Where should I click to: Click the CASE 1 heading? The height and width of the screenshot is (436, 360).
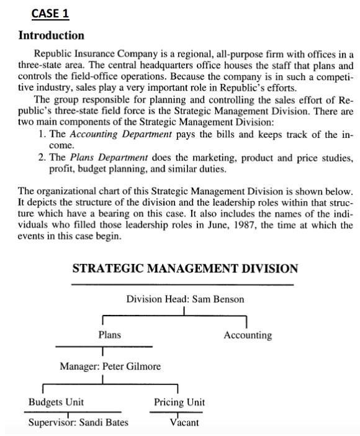[50, 14]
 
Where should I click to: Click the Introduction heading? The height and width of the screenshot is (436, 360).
[51, 35]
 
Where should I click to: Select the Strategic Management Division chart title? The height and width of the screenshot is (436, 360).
[185, 269]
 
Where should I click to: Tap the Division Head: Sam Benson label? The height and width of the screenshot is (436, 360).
[185, 299]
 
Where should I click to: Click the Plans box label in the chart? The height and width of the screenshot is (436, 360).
[109, 335]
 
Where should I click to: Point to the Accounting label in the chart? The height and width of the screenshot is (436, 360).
[248, 335]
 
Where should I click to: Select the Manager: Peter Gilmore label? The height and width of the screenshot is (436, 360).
[110, 366]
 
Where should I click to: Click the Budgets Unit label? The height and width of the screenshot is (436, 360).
[56, 402]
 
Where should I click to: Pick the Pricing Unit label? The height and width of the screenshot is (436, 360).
[179, 402]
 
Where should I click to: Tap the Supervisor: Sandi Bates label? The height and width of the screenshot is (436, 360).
[78, 422]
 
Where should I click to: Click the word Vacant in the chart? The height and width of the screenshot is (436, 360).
[184, 422]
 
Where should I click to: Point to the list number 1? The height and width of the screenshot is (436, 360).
[41, 134]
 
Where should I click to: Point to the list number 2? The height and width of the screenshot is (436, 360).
[41, 157]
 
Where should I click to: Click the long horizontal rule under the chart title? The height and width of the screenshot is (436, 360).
[182, 284]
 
